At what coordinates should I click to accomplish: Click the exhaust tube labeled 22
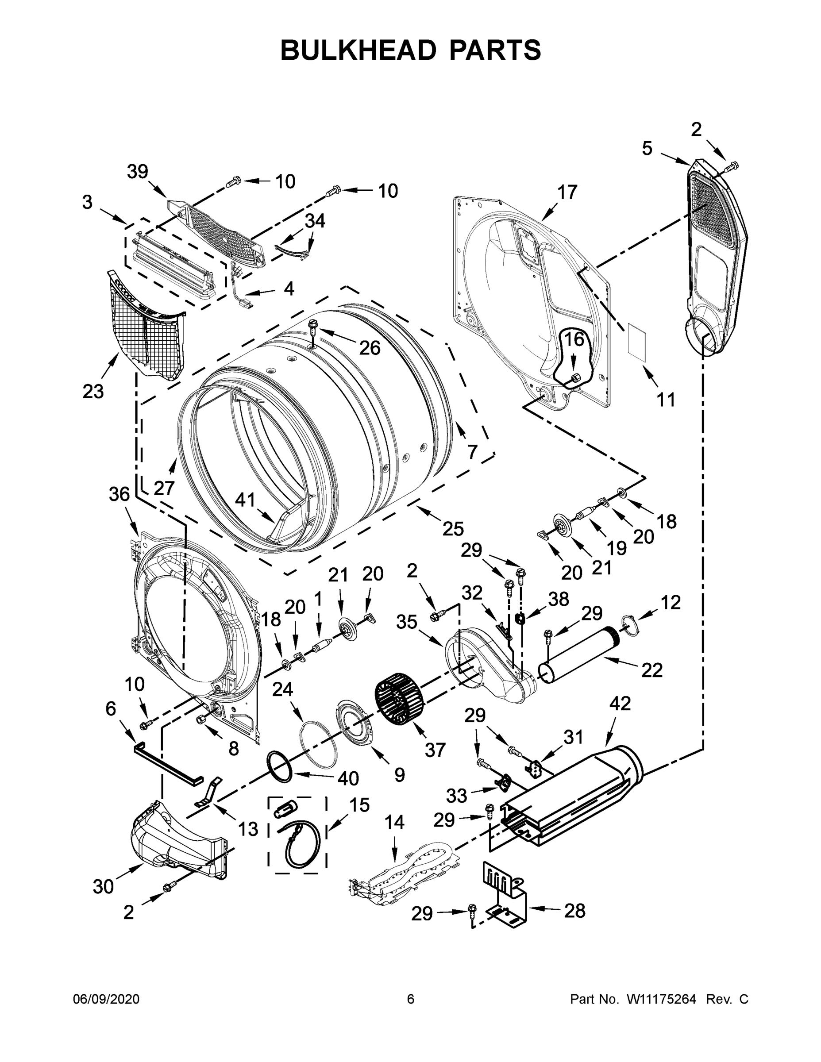tap(579, 655)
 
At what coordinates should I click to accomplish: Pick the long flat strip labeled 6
tap(167, 762)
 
